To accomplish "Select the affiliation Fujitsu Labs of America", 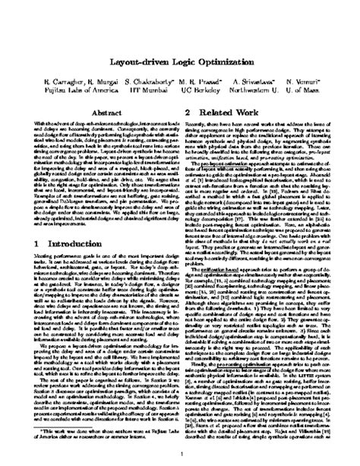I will [80, 90].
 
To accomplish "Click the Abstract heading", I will [109, 110].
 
